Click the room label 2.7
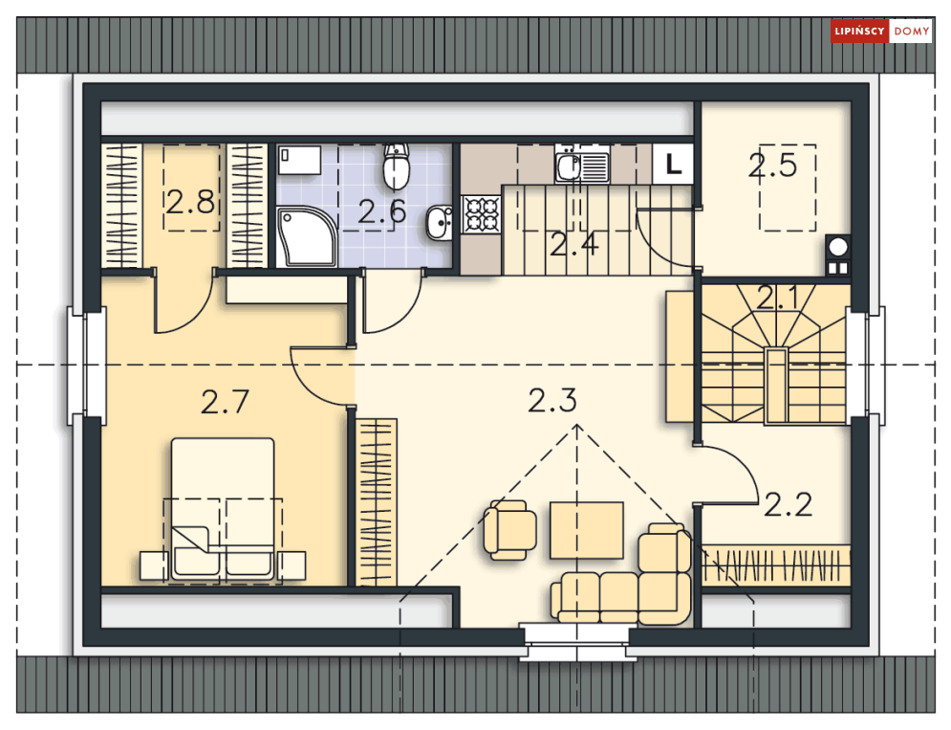point(225,402)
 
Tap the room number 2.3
point(551,401)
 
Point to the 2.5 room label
point(772,166)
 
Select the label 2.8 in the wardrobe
point(190,202)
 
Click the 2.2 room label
point(788,504)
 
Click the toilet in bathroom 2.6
point(396,166)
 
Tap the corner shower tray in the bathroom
point(307,236)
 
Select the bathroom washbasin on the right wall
point(439,223)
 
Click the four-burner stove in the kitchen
point(481,214)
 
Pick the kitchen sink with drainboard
point(582,165)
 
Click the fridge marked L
point(673,164)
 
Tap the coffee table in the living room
point(587,530)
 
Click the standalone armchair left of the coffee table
point(509,530)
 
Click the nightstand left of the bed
point(154,565)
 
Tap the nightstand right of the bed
point(292,565)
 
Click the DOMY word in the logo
point(912,32)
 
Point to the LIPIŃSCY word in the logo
point(859,32)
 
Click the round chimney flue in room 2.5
point(838,248)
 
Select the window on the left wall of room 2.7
point(87,365)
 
